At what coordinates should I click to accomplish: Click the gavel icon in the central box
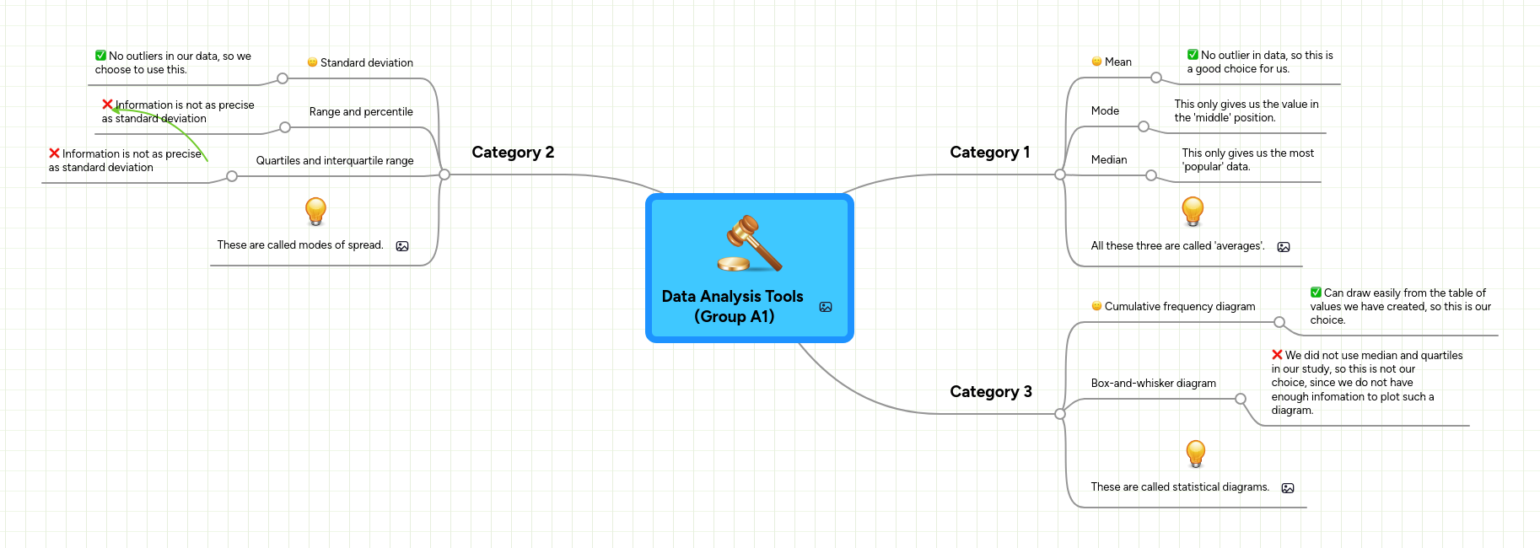coord(750,244)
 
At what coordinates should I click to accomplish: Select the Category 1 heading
coord(989,153)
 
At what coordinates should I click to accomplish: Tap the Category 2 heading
coord(513,153)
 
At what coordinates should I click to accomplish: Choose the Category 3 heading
coord(990,392)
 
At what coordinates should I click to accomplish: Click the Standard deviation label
coord(366,63)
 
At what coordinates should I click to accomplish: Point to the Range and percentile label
coord(361,112)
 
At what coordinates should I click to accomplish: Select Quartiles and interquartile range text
coord(335,161)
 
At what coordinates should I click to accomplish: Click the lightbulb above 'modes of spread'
coord(315,211)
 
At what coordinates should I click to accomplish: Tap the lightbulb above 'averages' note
coord(1193,211)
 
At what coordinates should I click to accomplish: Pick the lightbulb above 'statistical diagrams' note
coord(1195,454)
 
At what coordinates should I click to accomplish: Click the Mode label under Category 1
coord(1105,111)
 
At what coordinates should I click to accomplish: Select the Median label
coord(1108,160)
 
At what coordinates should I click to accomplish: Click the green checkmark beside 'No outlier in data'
coord(1193,55)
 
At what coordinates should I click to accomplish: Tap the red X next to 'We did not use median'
coord(1277,355)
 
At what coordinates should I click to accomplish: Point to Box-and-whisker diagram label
coord(1153,384)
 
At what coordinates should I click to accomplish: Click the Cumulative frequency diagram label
coord(1179,307)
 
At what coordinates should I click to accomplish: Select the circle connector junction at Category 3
coord(1060,414)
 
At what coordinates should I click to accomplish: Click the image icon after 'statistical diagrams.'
coord(1287,488)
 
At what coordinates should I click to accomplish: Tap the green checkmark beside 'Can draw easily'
coord(1316,293)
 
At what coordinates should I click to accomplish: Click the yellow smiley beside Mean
coord(1096,62)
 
